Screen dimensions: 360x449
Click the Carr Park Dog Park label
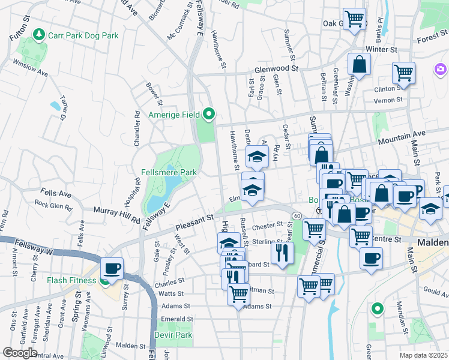(83, 35)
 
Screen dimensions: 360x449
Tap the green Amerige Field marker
(209, 113)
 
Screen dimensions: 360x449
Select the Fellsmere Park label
(169, 172)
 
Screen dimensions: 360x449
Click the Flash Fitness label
(72, 280)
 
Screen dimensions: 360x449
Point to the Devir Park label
(173, 335)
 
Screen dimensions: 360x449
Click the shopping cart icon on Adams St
(239, 294)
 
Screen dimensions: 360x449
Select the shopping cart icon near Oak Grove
(354, 18)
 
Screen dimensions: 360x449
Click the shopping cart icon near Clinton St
(403, 73)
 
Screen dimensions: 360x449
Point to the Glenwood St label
(276, 69)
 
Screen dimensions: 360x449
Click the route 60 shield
(297, 215)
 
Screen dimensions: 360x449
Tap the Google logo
(20, 353)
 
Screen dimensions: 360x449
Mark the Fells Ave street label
(56, 194)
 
